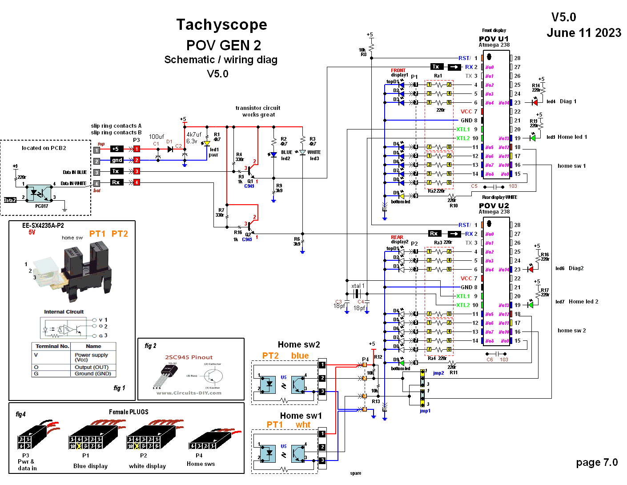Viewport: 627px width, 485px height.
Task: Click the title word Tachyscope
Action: pyautogui.click(x=221, y=24)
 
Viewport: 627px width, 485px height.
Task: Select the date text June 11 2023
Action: pyautogui.click(x=583, y=33)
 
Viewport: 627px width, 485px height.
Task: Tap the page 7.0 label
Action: pyautogui.click(x=596, y=462)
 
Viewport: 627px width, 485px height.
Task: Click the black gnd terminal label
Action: pyautogui.click(x=117, y=160)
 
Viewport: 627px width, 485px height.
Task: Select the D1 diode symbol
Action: pyautogui.click(x=170, y=149)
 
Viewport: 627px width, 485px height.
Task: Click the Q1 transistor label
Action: pyautogui.click(x=250, y=181)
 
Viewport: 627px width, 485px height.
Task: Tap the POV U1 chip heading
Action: pyautogui.click(x=494, y=39)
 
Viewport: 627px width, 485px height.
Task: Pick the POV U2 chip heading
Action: pyautogui.click(x=494, y=206)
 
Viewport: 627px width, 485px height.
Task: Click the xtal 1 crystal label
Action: pyautogui.click(x=358, y=286)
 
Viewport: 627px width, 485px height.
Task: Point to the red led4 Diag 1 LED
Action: pyautogui.click(x=535, y=102)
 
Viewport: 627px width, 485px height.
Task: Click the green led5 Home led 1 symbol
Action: pyautogui.click(x=533, y=138)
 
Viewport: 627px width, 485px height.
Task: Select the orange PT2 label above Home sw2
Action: pyautogui.click(x=270, y=356)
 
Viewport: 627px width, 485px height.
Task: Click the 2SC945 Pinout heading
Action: pyautogui.click(x=189, y=357)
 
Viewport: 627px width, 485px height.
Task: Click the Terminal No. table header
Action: pyautogui.click(x=52, y=346)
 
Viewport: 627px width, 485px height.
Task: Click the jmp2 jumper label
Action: pyautogui.click(x=438, y=373)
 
